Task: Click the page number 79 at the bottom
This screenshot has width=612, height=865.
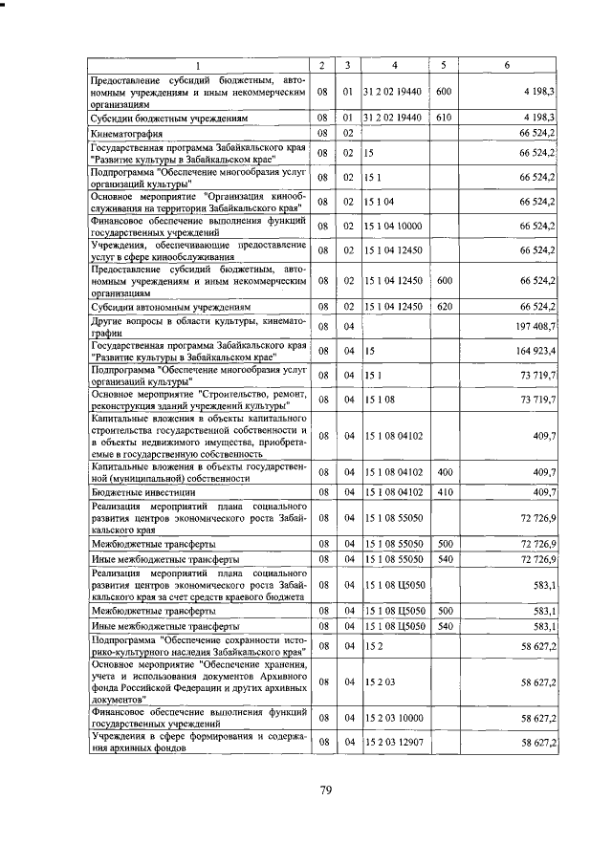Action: click(x=324, y=789)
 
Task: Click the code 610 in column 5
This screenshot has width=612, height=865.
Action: click(x=444, y=117)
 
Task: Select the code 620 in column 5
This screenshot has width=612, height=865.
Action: click(x=444, y=306)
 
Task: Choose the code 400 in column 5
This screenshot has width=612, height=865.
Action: click(x=444, y=471)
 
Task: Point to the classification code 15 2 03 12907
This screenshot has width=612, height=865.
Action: click(x=395, y=742)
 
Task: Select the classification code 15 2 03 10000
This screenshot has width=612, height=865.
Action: click(x=395, y=717)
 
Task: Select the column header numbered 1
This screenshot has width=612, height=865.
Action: click(x=199, y=65)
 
